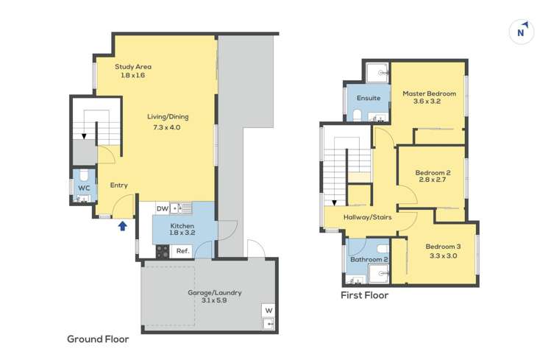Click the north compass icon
(522, 32)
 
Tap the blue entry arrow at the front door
(122, 226)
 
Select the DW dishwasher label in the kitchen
(163, 209)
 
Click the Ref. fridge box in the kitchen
(182, 251)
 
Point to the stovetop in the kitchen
(163, 252)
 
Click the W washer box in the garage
(269, 311)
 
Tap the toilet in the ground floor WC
(84, 175)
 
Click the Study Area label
(133, 66)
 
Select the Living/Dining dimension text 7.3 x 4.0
(167, 127)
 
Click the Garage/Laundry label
(214, 292)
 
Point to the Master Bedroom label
(429, 93)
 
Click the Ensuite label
(369, 98)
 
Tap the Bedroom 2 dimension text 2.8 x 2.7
(433, 180)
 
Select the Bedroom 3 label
(443, 247)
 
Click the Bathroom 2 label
(369, 259)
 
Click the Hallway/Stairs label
(368, 217)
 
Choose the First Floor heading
(365, 295)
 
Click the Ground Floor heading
(98, 339)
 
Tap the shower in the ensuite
(377, 73)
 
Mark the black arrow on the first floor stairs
(334, 203)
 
